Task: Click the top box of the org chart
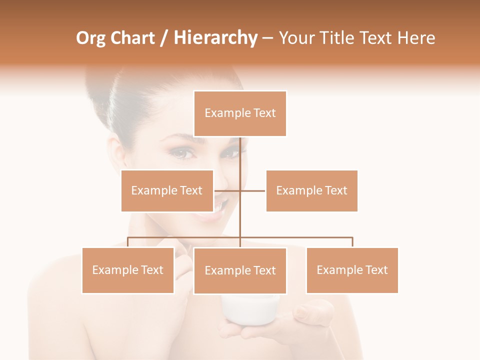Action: tap(240, 113)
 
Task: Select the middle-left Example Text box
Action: tap(167, 190)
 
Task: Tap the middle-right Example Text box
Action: tap(311, 190)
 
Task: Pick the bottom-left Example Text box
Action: tap(128, 270)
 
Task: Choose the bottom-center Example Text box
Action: tap(240, 270)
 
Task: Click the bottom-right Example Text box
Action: tap(352, 270)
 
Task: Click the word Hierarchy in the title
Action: tap(215, 38)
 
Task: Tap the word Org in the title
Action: tap(91, 38)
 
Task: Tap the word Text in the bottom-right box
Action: tap(376, 270)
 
